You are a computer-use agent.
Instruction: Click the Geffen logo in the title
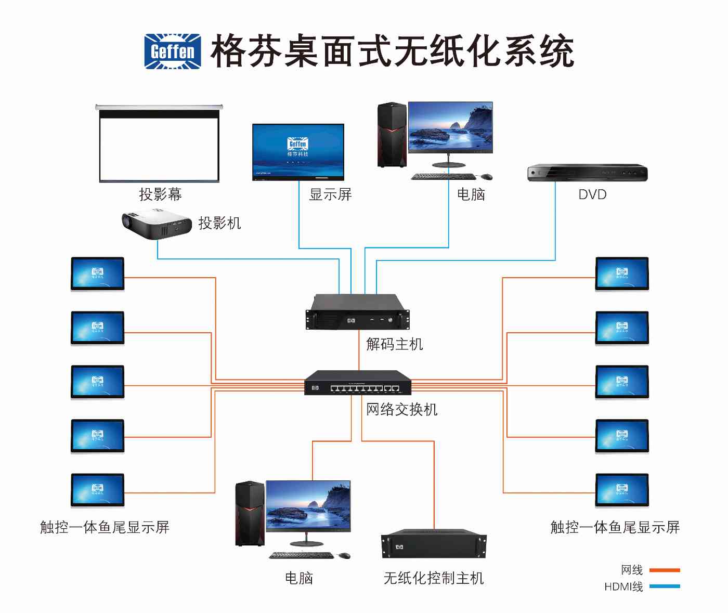pyautogui.click(x=172, y=51)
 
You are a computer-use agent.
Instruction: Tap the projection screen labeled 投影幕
pyautogui.click(x=159, y=145)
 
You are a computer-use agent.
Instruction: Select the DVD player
pyautogui.click(x=588, y=173)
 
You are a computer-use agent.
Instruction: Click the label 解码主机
pyautogui.click(x=394, y=344)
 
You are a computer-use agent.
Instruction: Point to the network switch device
pyautogui.click(x=358, y=383)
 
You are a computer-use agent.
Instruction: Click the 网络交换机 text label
pyautogui.click(x=401, y=410)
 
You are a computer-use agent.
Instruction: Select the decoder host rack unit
pyautogui.click(x=358, y=311)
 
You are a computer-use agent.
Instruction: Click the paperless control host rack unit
pyautogui.click(x=434, y=543)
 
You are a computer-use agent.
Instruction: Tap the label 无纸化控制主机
pyautogui.click(x=434, y=578)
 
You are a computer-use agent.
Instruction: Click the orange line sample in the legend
pyautogui.click(x=665, y=570)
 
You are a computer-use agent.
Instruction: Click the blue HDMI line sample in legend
pyautogui.click(x=665, y=586)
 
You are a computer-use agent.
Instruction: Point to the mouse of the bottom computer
pyautogui.click(x=344, y=555)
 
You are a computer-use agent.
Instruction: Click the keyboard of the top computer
pyautogui.click(x=443, y=177)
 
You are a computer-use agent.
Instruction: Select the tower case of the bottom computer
pyautogui.click(x=250, y=514)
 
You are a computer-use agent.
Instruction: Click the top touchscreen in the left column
pyautogui.click(x=97, y=273)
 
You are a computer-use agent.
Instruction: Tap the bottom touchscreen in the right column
pyautogui.click(x=622, y=490)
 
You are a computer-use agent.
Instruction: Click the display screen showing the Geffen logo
pyautogui.click(x=298, y=152)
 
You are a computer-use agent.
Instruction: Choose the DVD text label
pyautogui.click(x=592, y=194)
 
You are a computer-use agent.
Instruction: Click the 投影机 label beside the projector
pyautogui.click(x=219, y=223)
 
